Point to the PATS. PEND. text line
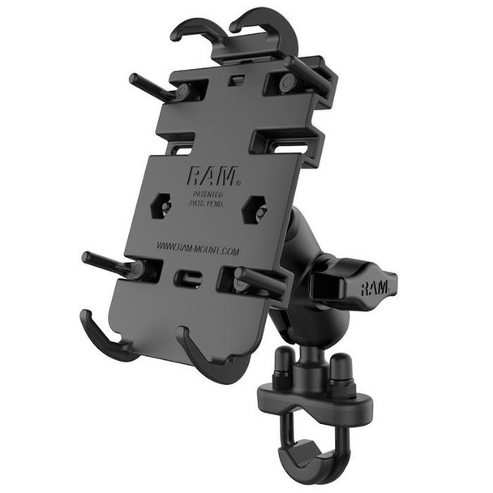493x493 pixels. (207, 204)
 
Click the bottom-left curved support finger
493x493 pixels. (101, 337)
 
